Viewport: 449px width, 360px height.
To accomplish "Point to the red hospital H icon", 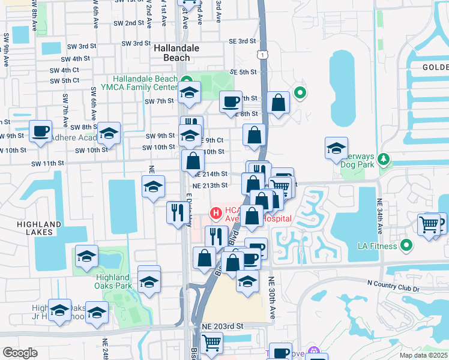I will (214, 213).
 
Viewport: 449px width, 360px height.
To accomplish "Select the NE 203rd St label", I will (222, 326).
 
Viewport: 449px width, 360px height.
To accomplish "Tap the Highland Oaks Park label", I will (113, 281).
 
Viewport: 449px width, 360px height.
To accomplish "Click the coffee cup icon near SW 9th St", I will (41, 131).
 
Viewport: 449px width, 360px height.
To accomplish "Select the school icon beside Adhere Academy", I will (109, 133).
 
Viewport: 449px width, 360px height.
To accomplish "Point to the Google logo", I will (20, 353).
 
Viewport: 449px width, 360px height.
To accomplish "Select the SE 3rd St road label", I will (243, 41).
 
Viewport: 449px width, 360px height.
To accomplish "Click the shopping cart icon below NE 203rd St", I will (211, 343).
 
